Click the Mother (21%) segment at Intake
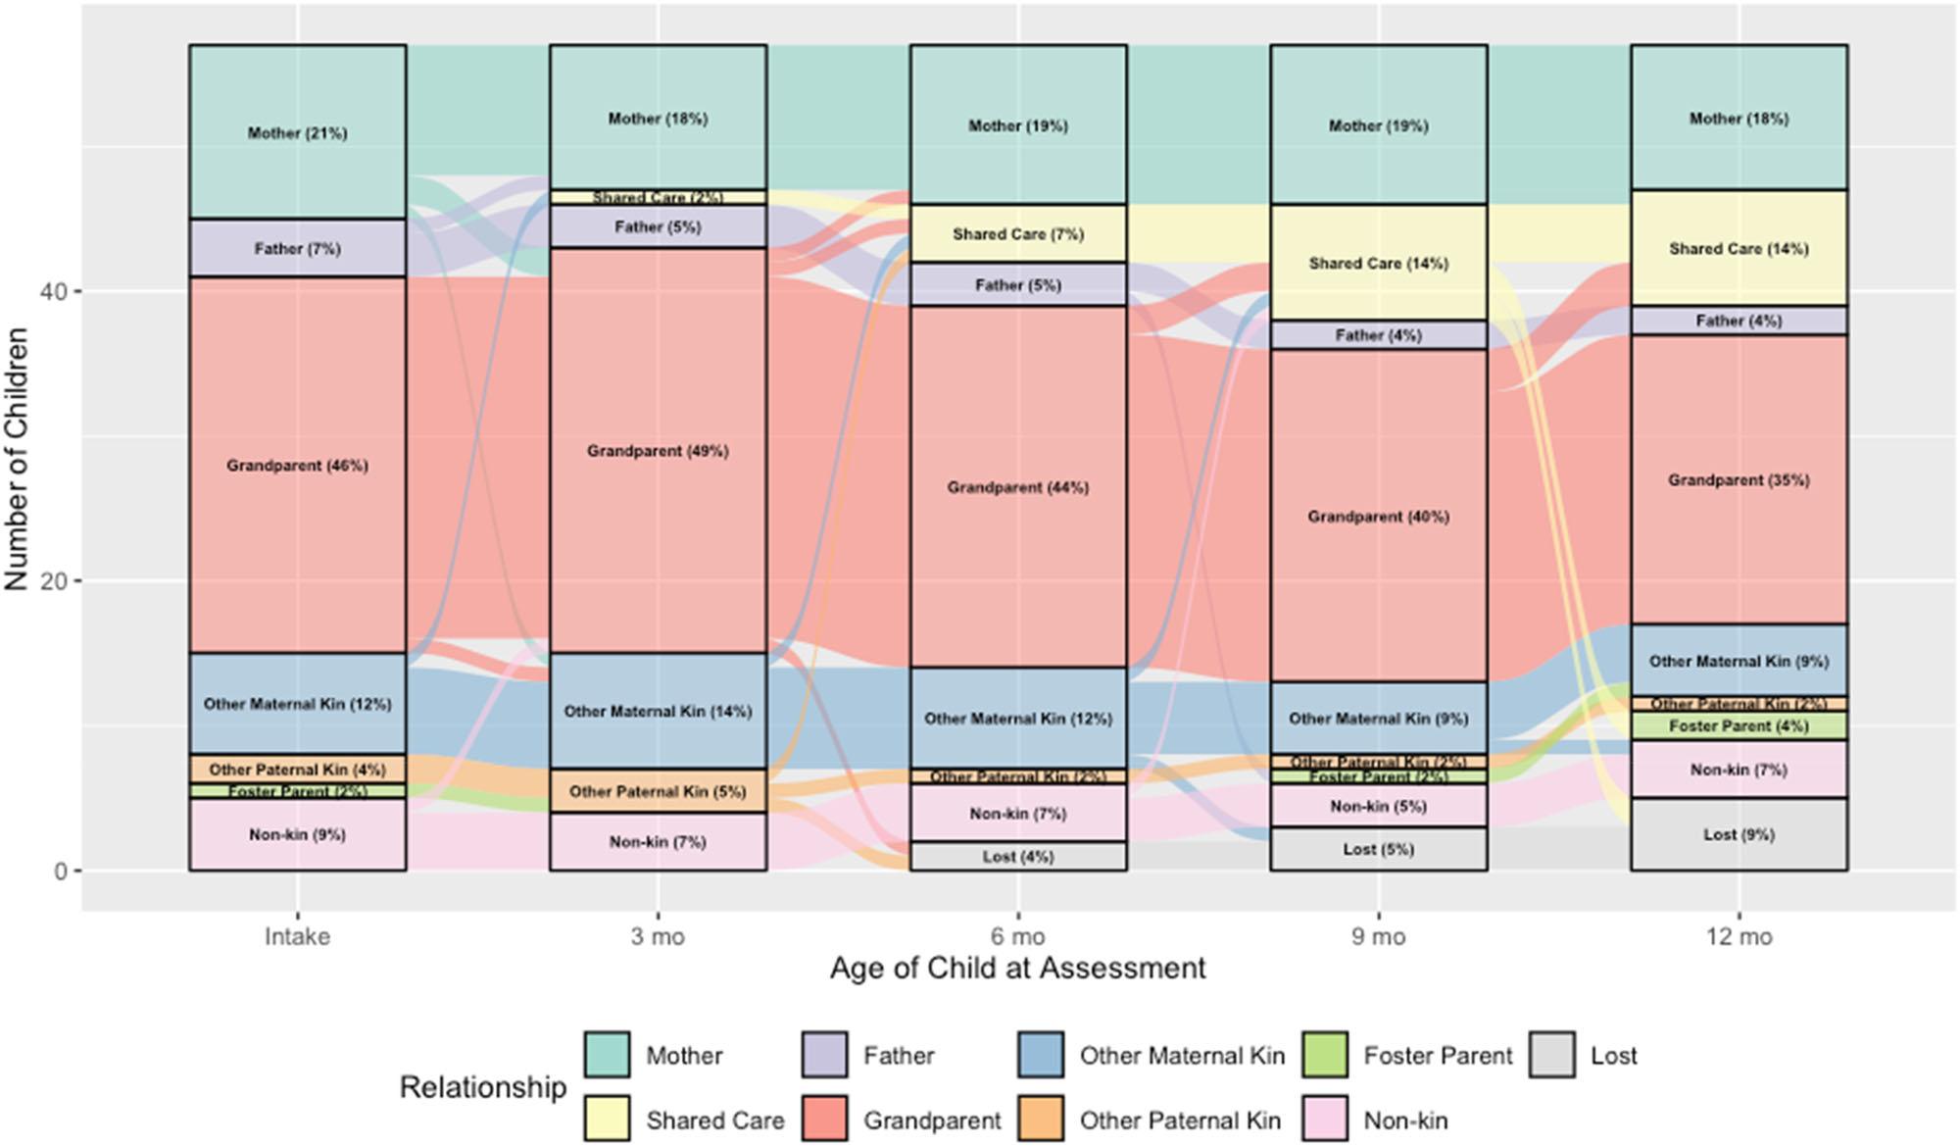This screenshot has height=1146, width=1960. pos(297,132)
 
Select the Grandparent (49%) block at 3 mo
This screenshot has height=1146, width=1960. pos(658,450)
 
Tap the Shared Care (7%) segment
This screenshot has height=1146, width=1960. pos(1018,233)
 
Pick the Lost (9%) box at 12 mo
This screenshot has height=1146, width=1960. pos(1739,834)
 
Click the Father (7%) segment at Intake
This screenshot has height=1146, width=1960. pos(297,248)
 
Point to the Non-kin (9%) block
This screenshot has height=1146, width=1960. pos(297,834)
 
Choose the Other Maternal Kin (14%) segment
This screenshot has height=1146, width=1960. pos(658,711)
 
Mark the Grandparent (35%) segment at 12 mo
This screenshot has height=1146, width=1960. pos(1739,479)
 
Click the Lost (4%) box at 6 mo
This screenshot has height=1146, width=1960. pos(1018,856)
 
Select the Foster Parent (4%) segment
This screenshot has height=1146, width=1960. pos(1739,725)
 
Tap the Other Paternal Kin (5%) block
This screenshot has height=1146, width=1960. pos(658,790)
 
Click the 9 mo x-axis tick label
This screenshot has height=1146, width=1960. pos(1378,937)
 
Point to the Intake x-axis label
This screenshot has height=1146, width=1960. pos(297,937)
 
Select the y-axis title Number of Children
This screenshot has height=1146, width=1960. pos(17,459)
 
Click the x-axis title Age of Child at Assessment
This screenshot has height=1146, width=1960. pos(1017,969)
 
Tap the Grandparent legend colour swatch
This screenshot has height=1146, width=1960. pos(825,1120)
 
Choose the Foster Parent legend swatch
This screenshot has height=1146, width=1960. pos(1326,1056)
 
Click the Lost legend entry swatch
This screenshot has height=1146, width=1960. pos(1552,1056)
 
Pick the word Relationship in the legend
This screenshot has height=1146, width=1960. pos(482,1087)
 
